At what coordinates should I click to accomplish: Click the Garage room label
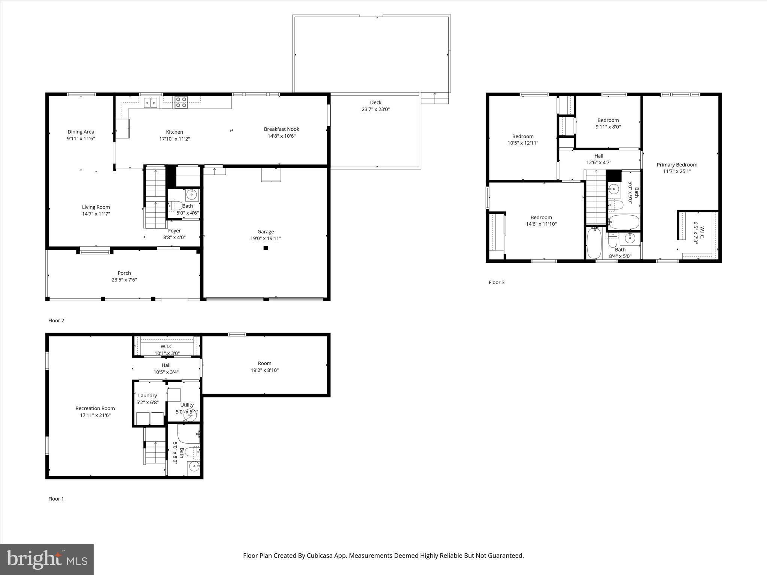[266, 232]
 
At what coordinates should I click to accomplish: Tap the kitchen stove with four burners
[181, 102]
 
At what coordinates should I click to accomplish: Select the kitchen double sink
[151, 102]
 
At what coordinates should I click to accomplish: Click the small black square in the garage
[266, 248]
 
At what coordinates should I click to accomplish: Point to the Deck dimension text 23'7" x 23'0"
[376, 109]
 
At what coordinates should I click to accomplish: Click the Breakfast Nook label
[282, 129]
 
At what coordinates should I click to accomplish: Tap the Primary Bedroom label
[677, 165]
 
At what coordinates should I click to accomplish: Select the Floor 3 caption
[497, 282]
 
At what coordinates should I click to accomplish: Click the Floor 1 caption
[56, 499]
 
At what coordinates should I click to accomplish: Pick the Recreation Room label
[95, 408]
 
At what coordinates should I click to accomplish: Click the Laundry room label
[147, 395]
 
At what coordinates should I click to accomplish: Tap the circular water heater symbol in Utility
[190, 415]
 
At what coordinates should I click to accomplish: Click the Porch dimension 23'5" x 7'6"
[124, 280]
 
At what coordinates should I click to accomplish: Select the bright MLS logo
[47, 560]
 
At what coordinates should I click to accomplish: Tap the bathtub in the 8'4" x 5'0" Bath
[594, 243]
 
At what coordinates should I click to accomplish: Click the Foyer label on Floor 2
[174, 231]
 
